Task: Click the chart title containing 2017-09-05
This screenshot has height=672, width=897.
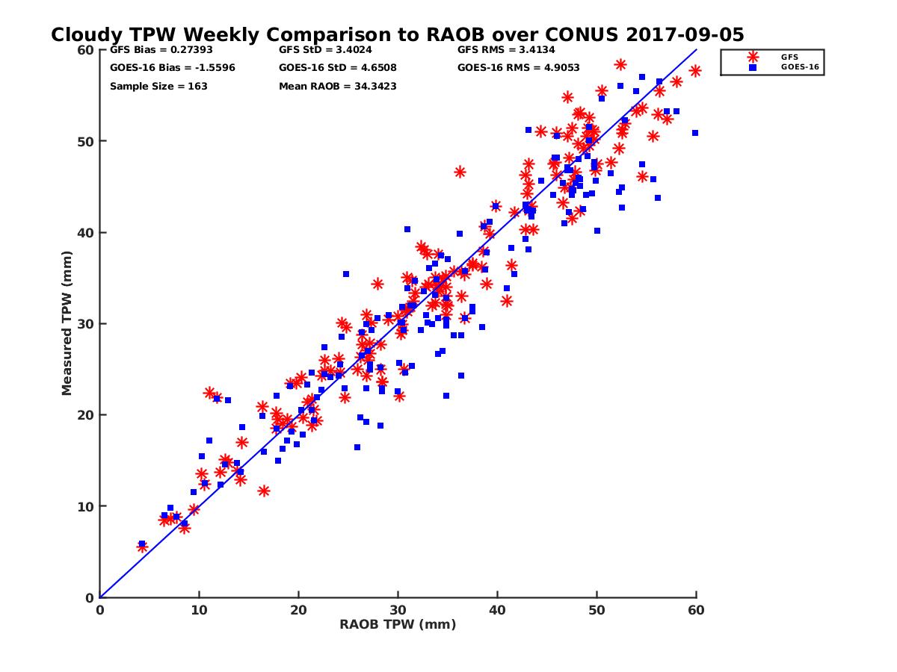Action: (x=397, y=34)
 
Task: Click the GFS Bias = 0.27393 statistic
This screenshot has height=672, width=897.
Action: (x=155, y=51)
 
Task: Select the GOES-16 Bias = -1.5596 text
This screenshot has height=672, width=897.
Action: (x=161, y=68)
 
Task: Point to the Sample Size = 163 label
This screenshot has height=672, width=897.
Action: (x=158, y=86)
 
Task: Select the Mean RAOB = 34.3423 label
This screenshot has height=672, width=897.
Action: (x=338, y=86)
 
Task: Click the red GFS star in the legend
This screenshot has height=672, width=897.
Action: (x=753, y=57)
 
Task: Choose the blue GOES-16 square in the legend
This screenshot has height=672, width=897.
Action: (x=753, y=67)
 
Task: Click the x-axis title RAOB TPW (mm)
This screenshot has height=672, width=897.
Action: (x=398, y=624)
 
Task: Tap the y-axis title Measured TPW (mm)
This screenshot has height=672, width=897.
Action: (x=67, y=323)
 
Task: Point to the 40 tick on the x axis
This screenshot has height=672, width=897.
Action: (x=498, y=610)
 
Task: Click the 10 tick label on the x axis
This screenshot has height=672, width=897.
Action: (x=199, y=610)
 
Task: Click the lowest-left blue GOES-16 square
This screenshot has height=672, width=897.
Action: (x=142, y=544)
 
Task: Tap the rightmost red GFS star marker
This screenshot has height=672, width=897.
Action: (x=695, y=71)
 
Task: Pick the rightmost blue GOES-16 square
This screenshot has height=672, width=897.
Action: (x=695, y=133)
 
